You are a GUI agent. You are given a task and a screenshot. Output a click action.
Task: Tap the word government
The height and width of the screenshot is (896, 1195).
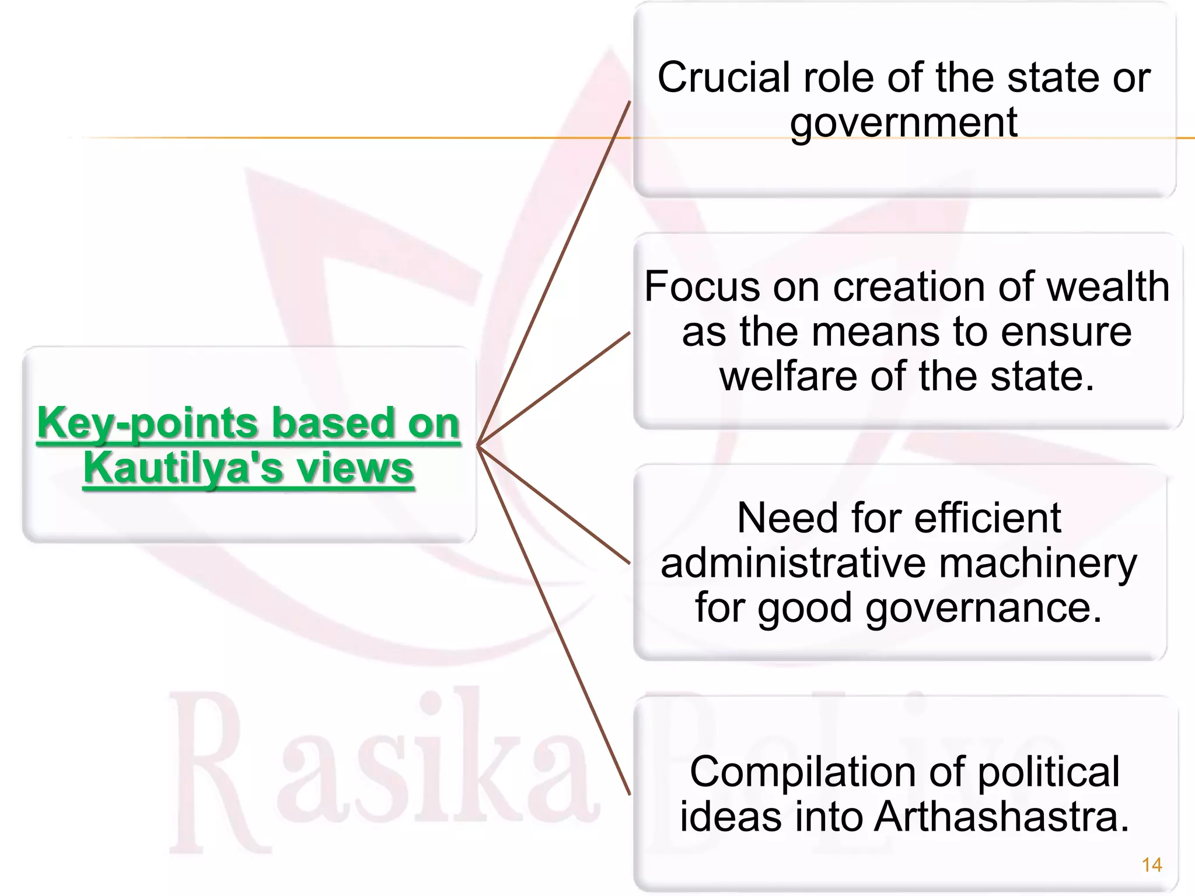point(903,124)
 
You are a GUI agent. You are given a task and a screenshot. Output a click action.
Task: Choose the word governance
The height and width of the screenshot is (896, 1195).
point(984,609)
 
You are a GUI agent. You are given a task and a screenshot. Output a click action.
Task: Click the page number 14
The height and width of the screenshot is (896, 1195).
point(1152,864)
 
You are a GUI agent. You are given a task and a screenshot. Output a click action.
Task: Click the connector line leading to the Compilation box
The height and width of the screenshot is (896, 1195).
point(554,621)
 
